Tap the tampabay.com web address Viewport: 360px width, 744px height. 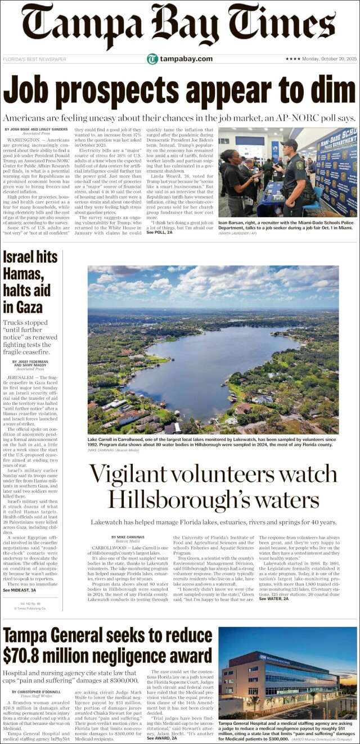(186, 59)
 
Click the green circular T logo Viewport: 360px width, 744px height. (152, 59)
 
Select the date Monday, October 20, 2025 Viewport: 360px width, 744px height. (326, 59)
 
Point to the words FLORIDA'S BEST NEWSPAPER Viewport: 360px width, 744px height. (35, 59)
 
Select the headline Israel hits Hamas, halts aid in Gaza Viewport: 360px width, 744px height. (30, 282)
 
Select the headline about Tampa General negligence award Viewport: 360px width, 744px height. (108, 646)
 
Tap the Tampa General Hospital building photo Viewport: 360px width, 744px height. (287, 672)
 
